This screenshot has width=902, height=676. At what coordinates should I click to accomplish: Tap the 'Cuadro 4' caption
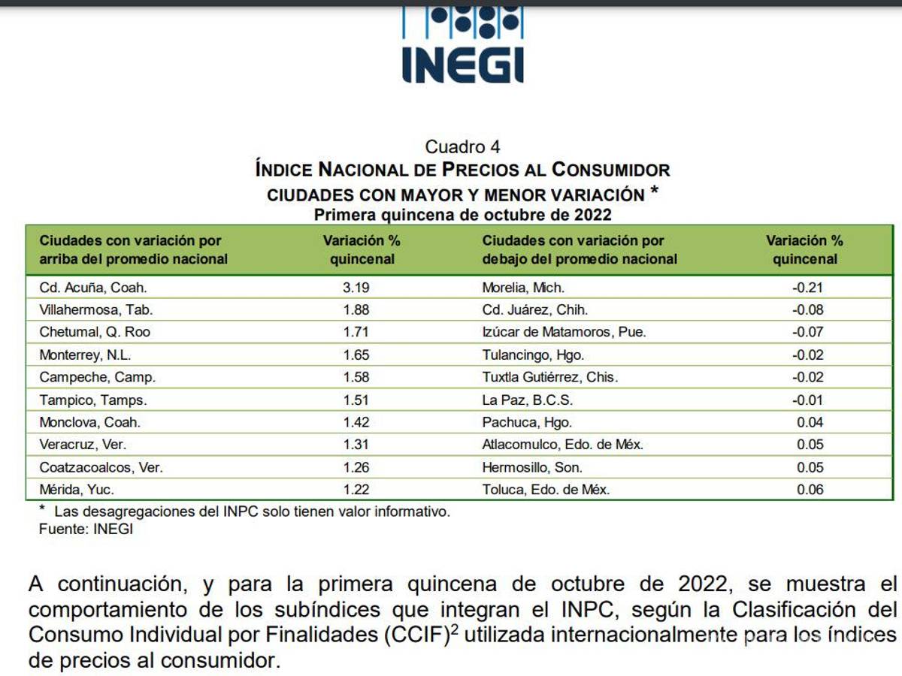point(462,146)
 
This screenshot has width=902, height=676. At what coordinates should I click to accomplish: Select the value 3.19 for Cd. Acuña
point(357,287)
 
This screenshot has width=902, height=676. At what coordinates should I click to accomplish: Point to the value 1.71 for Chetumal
point(357,332)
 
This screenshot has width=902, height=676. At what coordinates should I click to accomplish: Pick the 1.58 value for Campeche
point(357,377)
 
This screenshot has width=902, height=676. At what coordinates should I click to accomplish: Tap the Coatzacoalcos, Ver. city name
point(101,467)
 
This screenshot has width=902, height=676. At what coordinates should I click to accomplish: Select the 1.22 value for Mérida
point(357,490)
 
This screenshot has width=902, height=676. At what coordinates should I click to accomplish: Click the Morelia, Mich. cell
point(523,287)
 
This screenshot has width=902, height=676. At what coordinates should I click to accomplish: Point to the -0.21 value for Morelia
point(808,287)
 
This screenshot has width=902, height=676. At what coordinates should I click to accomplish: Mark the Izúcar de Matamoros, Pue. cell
point(564,332)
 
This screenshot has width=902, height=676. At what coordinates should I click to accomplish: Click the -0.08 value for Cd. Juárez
point(808,309)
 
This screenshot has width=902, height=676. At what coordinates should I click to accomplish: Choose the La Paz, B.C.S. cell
point(528,400)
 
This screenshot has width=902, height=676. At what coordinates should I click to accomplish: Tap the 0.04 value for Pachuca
point(810,422)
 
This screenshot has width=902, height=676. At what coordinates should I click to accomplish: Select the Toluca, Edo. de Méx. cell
point(546,490)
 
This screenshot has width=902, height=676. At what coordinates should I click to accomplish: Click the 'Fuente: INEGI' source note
point(86,529)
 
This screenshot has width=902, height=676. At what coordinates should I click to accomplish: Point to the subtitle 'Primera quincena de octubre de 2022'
point(462,215)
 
